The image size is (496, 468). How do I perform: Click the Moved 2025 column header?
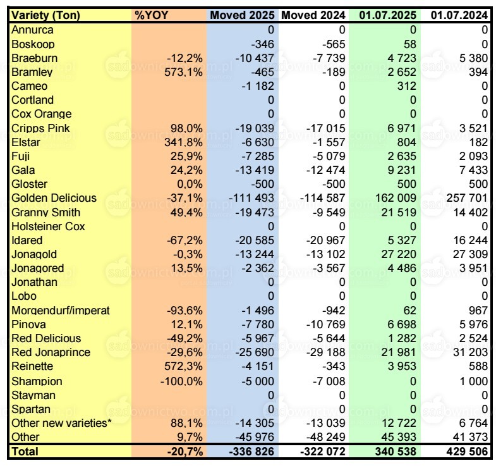click(x=243, y=15)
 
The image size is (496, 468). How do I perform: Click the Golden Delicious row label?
click(x=54, y=198)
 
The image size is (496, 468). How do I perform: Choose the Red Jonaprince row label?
click(x=51, y=352)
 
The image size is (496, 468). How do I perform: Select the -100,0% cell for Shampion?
click(x=181, y=381)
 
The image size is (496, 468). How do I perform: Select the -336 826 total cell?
click(x=250, y=452)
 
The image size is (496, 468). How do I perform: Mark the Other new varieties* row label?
click(x=61, y=422)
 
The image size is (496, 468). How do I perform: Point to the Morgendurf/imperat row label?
click(x=61, y=311)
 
